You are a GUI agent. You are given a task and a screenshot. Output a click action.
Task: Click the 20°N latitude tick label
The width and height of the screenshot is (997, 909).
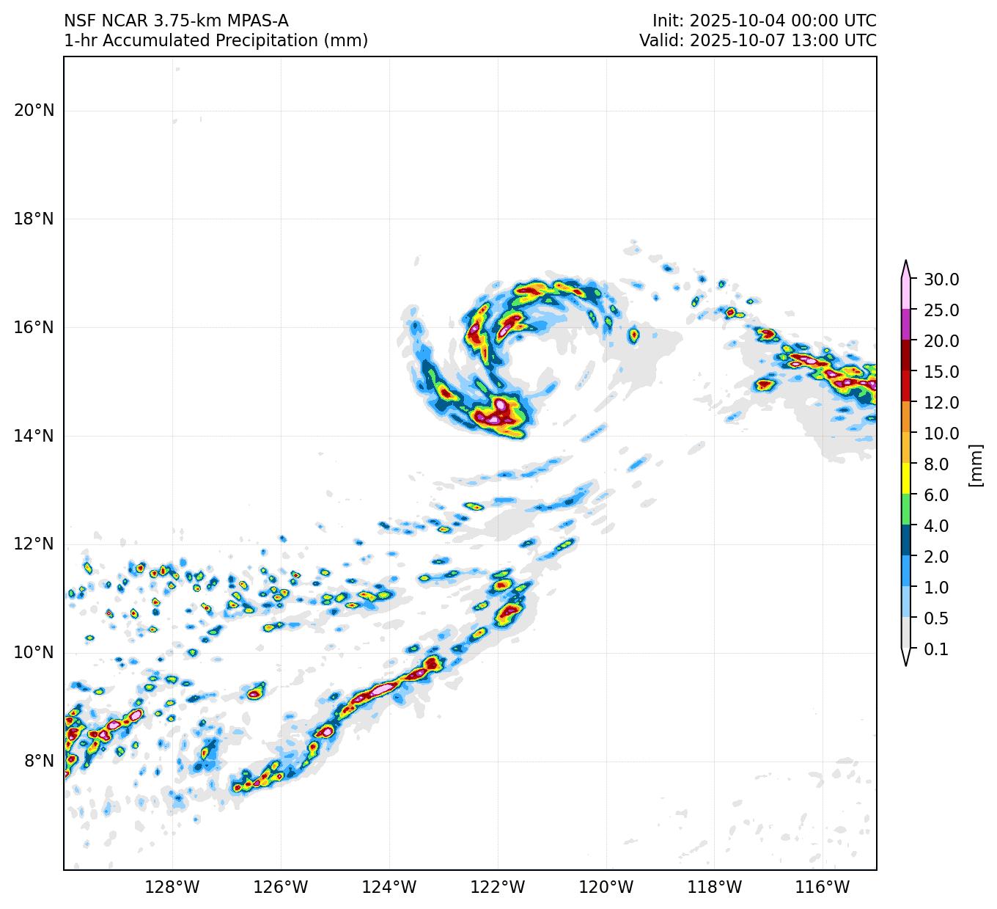[34, 111]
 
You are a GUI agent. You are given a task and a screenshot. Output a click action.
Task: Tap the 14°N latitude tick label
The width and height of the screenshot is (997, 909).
[34, 436]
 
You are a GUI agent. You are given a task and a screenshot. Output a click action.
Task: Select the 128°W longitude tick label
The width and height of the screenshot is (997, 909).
[172, 888]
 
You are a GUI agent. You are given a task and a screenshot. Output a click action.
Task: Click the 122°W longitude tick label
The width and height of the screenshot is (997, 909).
[498, 888]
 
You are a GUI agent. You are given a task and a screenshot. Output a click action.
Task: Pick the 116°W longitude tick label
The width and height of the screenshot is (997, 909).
[823, 888]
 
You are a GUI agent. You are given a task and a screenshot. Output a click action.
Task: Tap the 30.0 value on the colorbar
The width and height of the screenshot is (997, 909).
[941, 280]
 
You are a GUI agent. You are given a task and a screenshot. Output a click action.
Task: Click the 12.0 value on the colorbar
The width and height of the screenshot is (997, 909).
[941, 403]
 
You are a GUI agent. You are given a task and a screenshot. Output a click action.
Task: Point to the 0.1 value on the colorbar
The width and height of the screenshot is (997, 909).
[936, 649]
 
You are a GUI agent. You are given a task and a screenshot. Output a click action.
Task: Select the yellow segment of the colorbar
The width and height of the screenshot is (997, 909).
[906, 479]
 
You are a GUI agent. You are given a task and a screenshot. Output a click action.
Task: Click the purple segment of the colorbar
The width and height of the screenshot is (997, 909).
[906, 324]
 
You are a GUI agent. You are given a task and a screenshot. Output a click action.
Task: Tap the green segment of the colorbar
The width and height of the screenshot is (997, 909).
[906, 510]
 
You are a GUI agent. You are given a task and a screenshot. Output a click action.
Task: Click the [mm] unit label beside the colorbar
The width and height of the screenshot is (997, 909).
[975, 464]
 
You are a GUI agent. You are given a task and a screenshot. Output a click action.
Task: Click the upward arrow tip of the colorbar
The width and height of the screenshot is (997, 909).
[906, 262]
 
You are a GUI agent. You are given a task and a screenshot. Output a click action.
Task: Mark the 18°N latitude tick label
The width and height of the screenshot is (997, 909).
[34, 219]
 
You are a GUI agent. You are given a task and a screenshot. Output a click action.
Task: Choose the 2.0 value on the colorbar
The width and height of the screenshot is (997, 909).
[936, 557]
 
